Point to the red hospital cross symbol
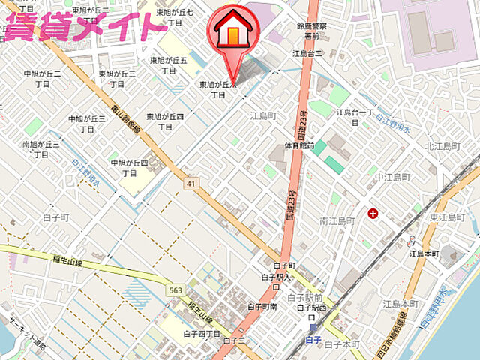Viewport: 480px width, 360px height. tap(373, 214)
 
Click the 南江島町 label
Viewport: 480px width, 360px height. tap(336, 221)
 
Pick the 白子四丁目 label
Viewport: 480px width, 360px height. tap(202, 333)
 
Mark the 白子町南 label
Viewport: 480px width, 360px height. tap(262, 306)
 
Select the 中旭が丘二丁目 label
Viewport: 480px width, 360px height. tap(42, 79)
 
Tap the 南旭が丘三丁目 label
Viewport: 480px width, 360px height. tap(40, 148)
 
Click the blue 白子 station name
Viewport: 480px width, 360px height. tap(314, 339)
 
